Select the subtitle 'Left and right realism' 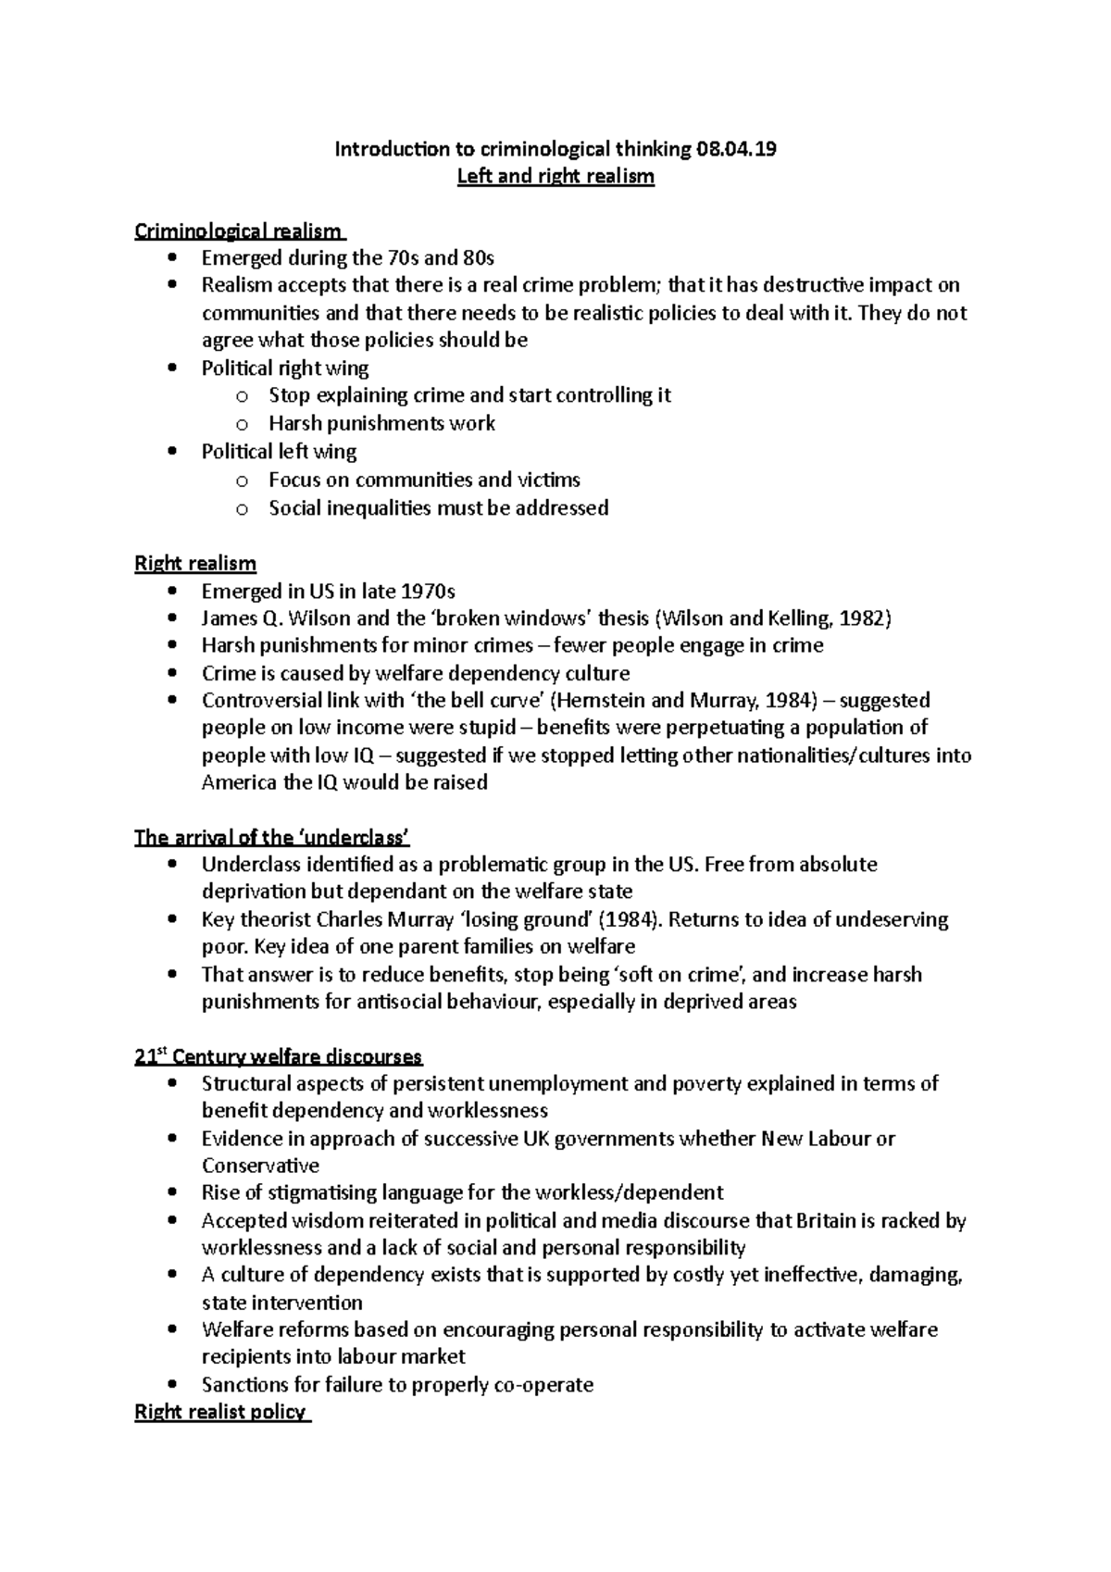click(555, 176)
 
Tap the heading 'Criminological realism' click(239, 231)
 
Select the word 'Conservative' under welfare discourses click(260, 1166)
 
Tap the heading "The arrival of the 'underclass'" click(271, 838)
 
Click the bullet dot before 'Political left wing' click(171, 452)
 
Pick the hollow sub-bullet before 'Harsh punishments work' click(242, 425)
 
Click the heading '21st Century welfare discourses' click(278, 1056)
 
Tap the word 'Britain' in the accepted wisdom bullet click(826, 1220)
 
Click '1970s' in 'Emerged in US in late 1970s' click(428, 591)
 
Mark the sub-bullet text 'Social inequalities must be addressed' click(438, 507)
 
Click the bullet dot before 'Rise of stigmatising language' click(171, 1192)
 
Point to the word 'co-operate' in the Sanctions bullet click(545, 1384)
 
